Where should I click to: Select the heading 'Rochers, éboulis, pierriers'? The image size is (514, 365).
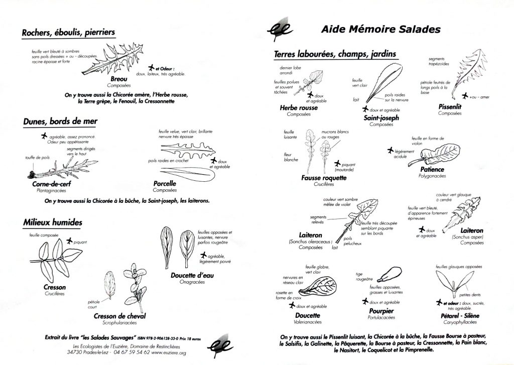coord(69,33)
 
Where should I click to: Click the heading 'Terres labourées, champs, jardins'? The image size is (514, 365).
coord(335,54)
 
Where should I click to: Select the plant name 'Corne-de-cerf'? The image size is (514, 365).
coord(49,185)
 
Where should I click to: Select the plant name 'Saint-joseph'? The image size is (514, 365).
coord(381,118)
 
